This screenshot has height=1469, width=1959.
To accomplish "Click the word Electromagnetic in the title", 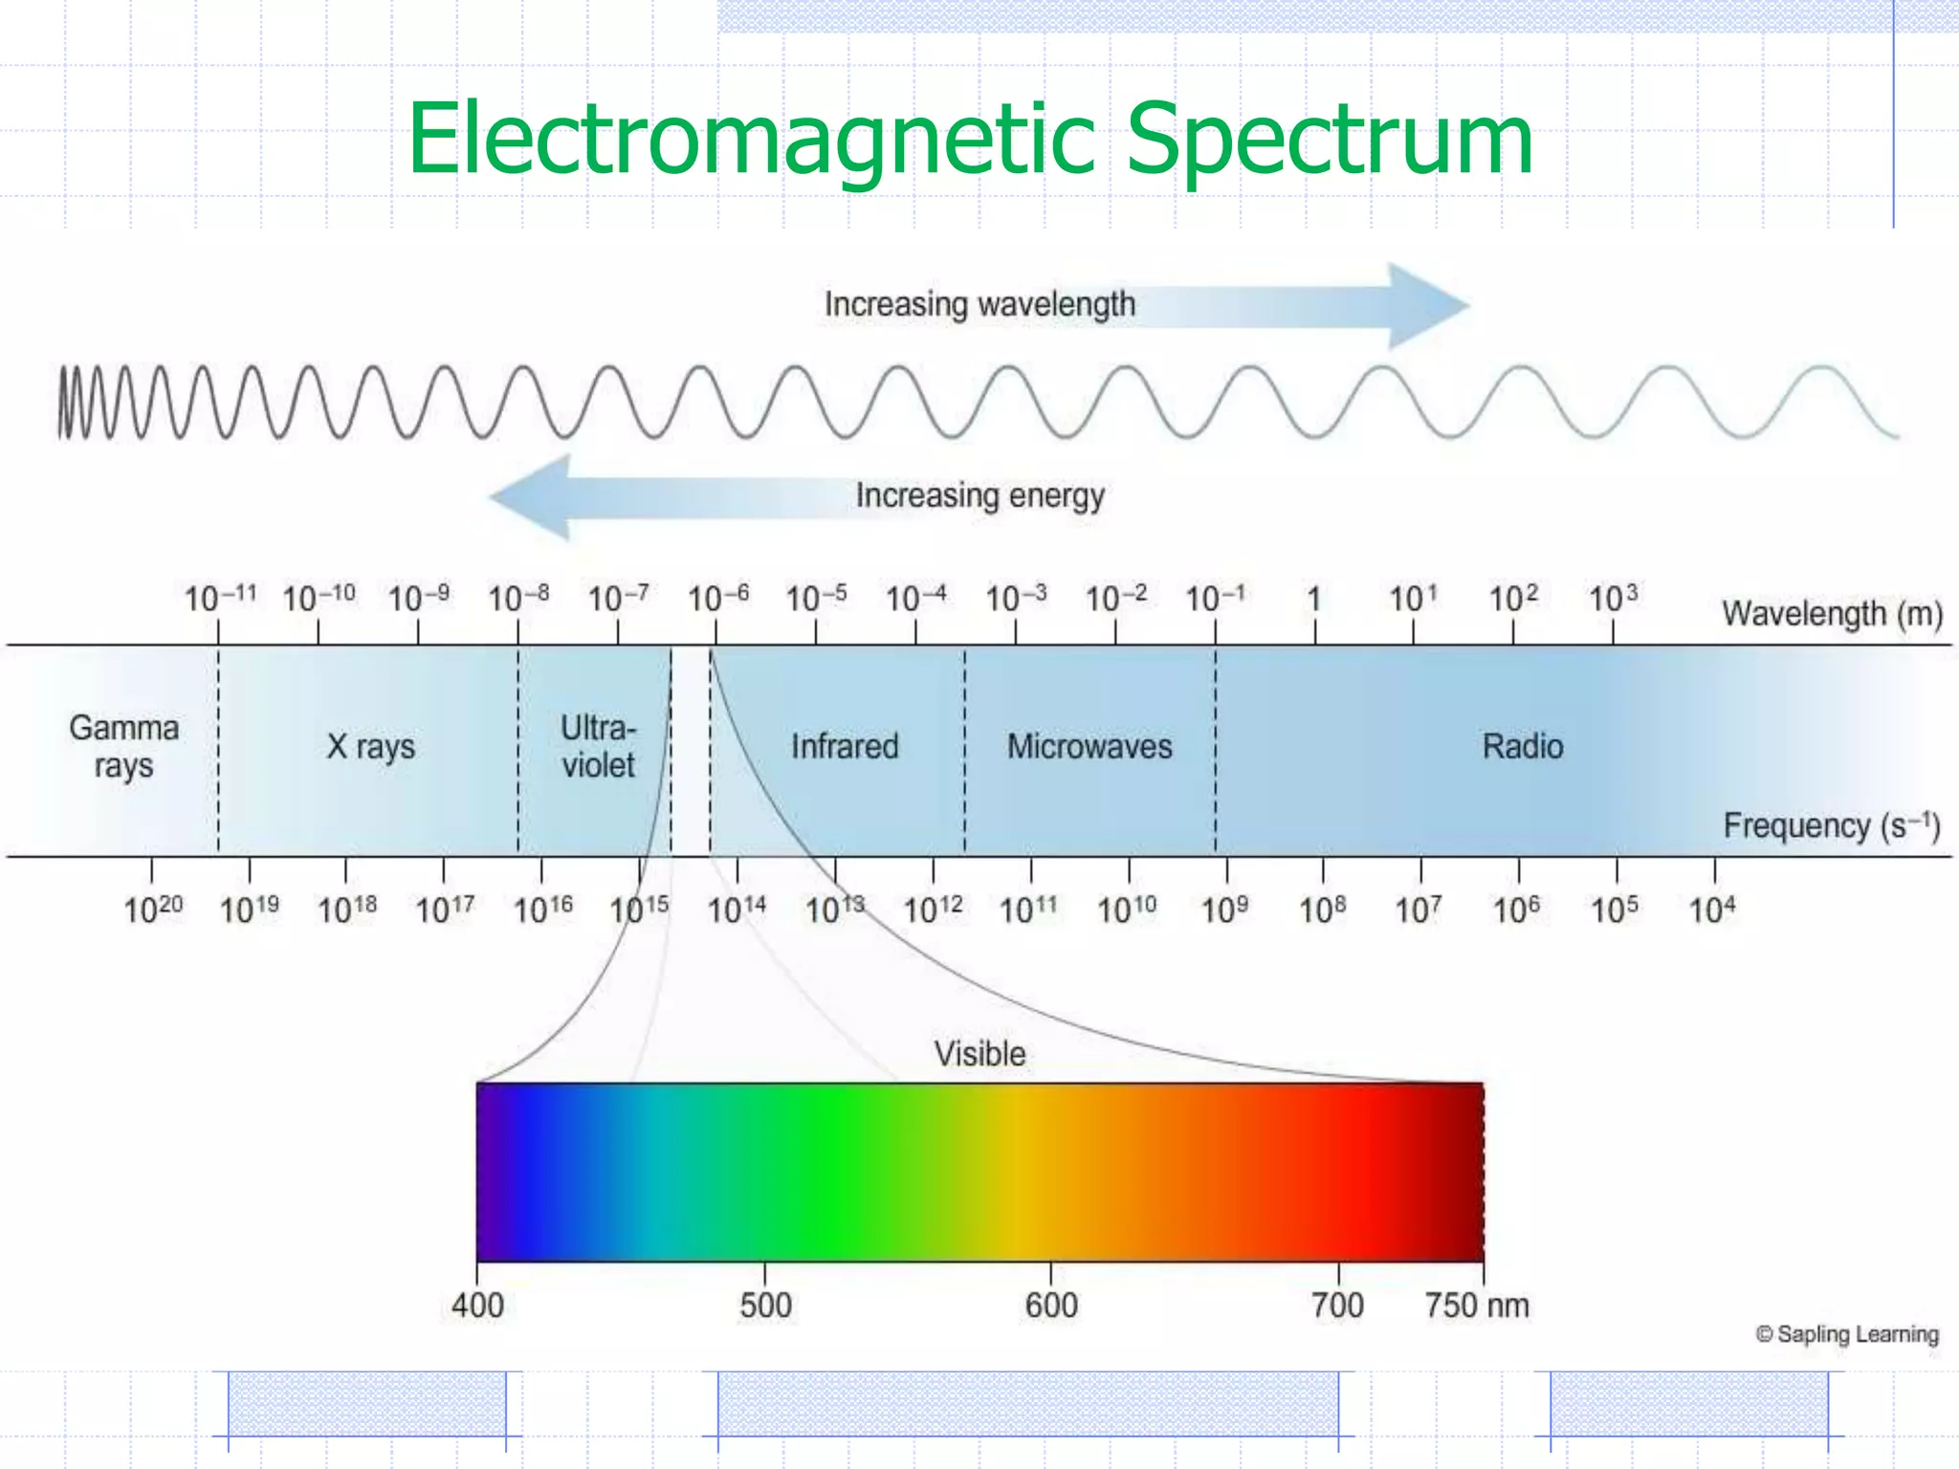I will tap(752, 142).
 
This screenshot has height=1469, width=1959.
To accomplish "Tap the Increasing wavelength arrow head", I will tap(1427, 306).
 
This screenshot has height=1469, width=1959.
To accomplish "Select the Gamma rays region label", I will tap(123, 746).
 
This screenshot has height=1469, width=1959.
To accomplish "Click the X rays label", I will tap(371, 746).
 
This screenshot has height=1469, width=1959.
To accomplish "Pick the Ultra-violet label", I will tap(598, 746).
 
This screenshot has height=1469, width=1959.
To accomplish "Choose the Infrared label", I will tap(845, 746).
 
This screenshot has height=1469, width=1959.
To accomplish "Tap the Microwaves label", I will tap(1090, 746).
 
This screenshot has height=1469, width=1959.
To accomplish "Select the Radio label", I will tap(1523, 746).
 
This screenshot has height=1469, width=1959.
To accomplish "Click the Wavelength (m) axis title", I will tap(1832, 613).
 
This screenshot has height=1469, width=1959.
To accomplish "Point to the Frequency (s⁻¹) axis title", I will tap(1832, 825).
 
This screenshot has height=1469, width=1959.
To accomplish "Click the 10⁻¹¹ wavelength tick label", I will tap(220, 599).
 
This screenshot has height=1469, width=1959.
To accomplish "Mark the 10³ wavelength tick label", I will tap(1613, 599).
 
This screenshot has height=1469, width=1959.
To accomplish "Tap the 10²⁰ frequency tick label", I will tap(153, 909).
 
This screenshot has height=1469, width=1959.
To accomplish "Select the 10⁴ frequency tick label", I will tap(1712, 909).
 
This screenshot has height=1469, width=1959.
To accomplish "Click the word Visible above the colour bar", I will tap(979, 1054).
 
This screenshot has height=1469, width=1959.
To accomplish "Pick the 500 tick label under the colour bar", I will tap(765, 1305).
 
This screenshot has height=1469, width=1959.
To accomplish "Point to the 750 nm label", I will tap(1477, 1305).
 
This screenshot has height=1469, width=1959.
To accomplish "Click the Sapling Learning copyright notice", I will tap(1847, 1334).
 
